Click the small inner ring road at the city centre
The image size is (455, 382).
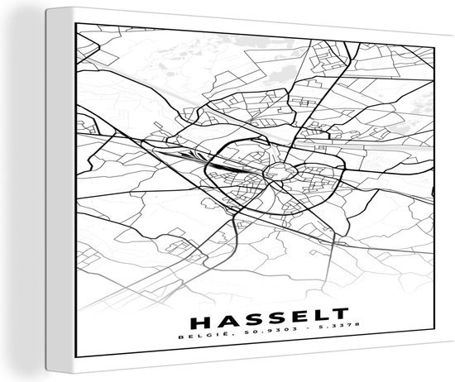pos(276,172)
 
